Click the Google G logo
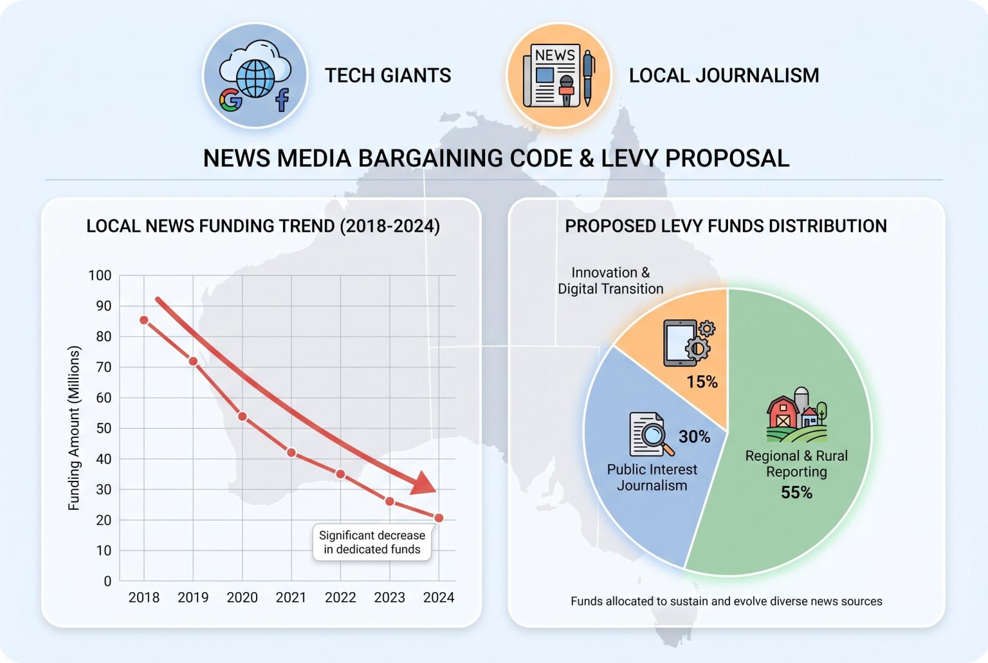tap(230, 100)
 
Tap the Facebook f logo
tap(282, 100)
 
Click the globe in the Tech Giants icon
tap(255, 79)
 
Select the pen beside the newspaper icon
tap(588, 78)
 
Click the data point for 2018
tap(144, 320)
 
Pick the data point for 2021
tap(291, 453)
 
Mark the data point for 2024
tap(439, 518)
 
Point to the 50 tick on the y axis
tap(104, 428)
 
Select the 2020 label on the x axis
tap(242, 597)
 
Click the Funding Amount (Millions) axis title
tap(75, 428)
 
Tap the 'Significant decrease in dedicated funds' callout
tap(372, 542)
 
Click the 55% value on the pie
tap(796, 492)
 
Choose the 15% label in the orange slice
tap(702, 382)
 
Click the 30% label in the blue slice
tap(695, 436)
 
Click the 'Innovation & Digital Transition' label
tap(610, 281)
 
